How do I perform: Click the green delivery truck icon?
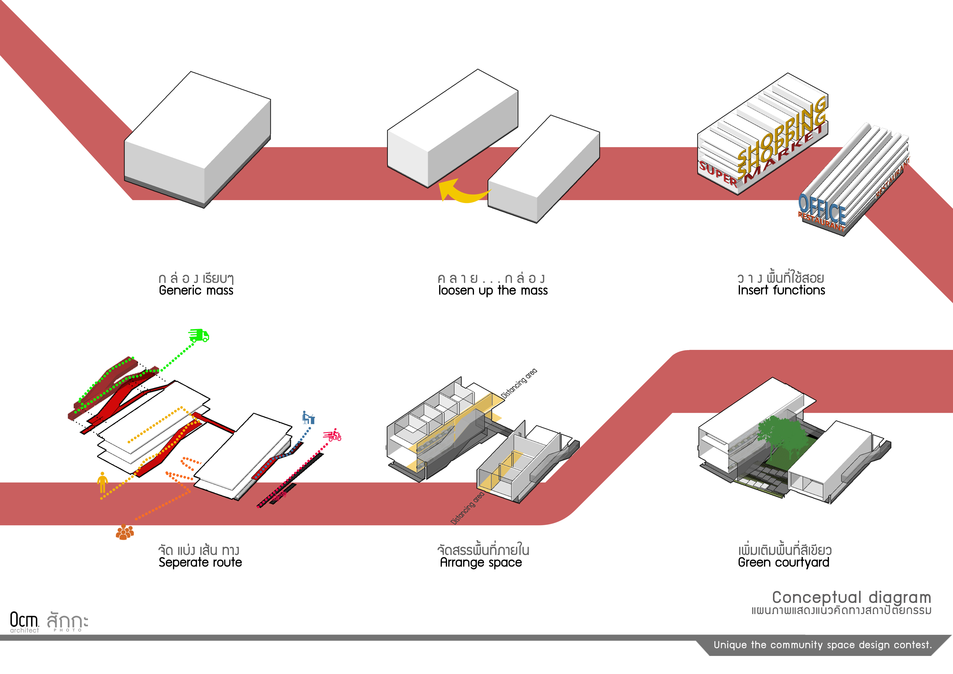pyautogui.click(x=199, y=335)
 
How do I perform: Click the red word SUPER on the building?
pyautogui.click(x=718, y=173)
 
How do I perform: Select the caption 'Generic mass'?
pyautogui.click(x=196, y=291)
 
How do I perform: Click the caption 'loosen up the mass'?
pyautogui.click(x=493, y=291)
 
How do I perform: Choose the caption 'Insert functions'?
pyautogui.click(x=781, y=290)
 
